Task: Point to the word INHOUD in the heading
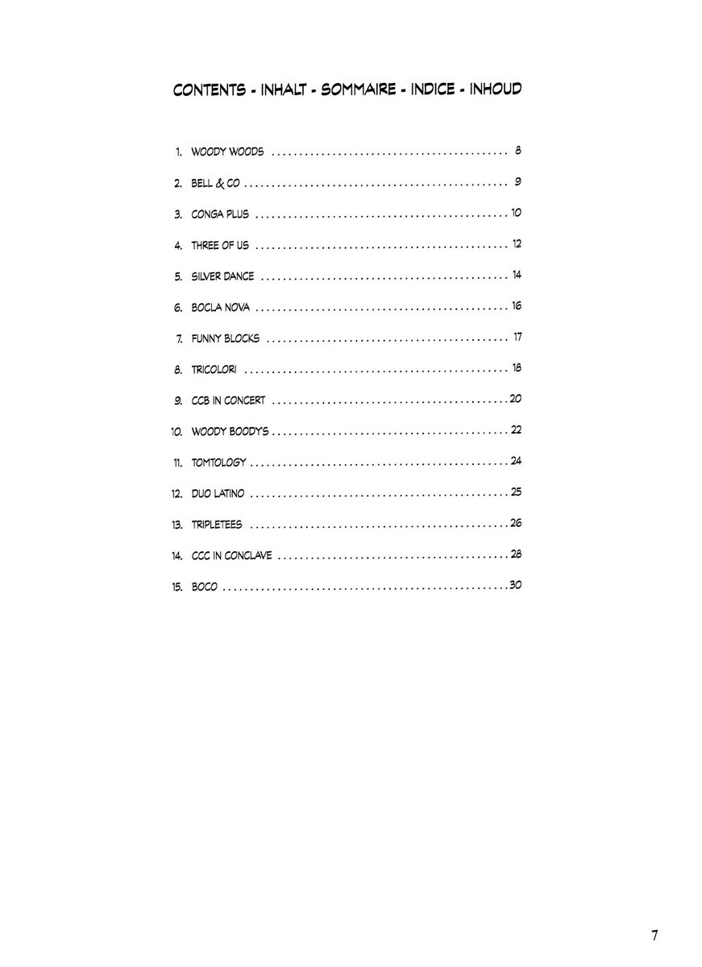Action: pos(496,89)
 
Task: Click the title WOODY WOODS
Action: pos(227,152)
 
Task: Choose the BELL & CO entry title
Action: pos(216,183)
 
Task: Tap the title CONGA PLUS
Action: pos(220,214)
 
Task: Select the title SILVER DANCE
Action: pos(222,276)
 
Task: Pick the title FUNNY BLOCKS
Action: pos(226,338)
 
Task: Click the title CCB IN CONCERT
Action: pos(228,400)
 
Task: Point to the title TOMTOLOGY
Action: pos(218,463)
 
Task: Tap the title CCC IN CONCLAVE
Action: pos(231,556)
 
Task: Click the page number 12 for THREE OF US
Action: pos(517,244)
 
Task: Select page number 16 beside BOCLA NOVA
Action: pos(517,306)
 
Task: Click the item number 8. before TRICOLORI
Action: pos(178,370)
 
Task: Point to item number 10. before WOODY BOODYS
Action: pos(177,432)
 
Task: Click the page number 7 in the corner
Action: pos(654,936)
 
